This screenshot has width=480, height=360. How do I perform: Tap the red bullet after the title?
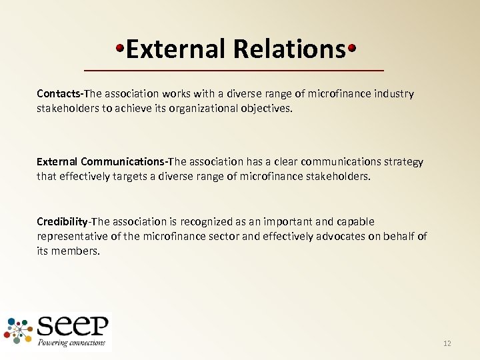click(351, 49)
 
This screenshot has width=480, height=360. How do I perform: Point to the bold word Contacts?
click(59, 94)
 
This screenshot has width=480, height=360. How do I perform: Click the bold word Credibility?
click(62, 221)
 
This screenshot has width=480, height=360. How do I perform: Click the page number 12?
click(447, 343)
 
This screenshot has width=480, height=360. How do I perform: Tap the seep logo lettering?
click(73, 327)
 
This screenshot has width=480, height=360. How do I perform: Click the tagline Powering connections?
click(72, 343)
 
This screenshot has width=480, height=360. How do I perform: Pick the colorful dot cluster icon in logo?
click(19, 331)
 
